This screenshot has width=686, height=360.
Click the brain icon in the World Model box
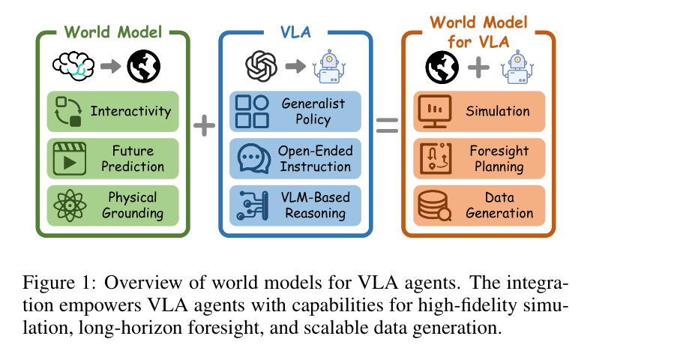click(73, 67)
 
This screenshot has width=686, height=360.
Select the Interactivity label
click(130, 111)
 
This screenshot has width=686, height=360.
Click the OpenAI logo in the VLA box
click(262, 67)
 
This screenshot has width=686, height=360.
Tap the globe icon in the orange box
click(442, 67)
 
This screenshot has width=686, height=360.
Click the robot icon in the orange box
click(517, 67)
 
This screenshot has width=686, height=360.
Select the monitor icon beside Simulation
click(433, 111)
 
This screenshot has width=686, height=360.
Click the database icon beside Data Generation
click(433, 204)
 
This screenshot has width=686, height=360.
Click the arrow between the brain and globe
click(108, 67)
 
